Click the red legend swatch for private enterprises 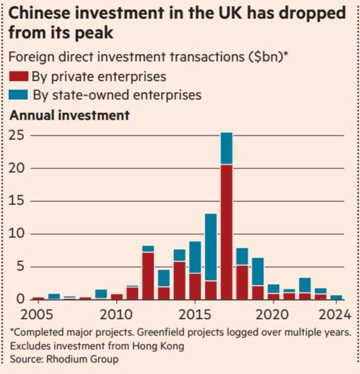coord(18,76)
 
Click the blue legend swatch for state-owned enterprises coord(18,95)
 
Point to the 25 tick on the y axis coord(17,135)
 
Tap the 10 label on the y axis coord(17,233)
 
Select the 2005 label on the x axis coord(37,315)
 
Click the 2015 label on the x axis coord(195,315)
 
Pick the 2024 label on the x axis coord(335,315)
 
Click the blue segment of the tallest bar coord(227,148)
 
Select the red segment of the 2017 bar coord(227,232)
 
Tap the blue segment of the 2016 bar coord(211,247)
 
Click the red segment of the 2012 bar coord(148,276)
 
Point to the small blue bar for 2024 coord(336,297)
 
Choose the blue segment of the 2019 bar coord(258,271)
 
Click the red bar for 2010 coord(117,297)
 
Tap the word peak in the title coord(94,33)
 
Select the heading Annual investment coord(69,115)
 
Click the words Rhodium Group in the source coord(82,359)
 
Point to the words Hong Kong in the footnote coord(158,346)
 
